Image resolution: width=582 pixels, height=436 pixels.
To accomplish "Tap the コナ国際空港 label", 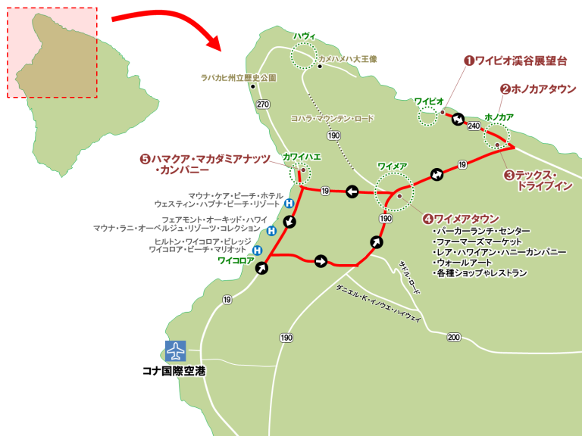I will (x=175, y=371).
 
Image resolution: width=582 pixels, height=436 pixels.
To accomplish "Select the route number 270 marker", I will (x=263, y=104).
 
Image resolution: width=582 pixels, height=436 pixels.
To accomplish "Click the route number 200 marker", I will (x=454, y=336).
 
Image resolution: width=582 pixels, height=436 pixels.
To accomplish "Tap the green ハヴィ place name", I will (x=304, y=35).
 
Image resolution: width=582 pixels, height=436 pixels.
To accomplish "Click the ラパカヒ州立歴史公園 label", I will (x=238, y=77).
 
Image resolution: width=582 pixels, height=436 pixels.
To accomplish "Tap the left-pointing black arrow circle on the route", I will (x=352, y=192).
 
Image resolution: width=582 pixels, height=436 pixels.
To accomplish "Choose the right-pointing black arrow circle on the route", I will (x=321, y=261).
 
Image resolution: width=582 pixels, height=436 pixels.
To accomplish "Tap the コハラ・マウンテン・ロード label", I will (x=333, y=119).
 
